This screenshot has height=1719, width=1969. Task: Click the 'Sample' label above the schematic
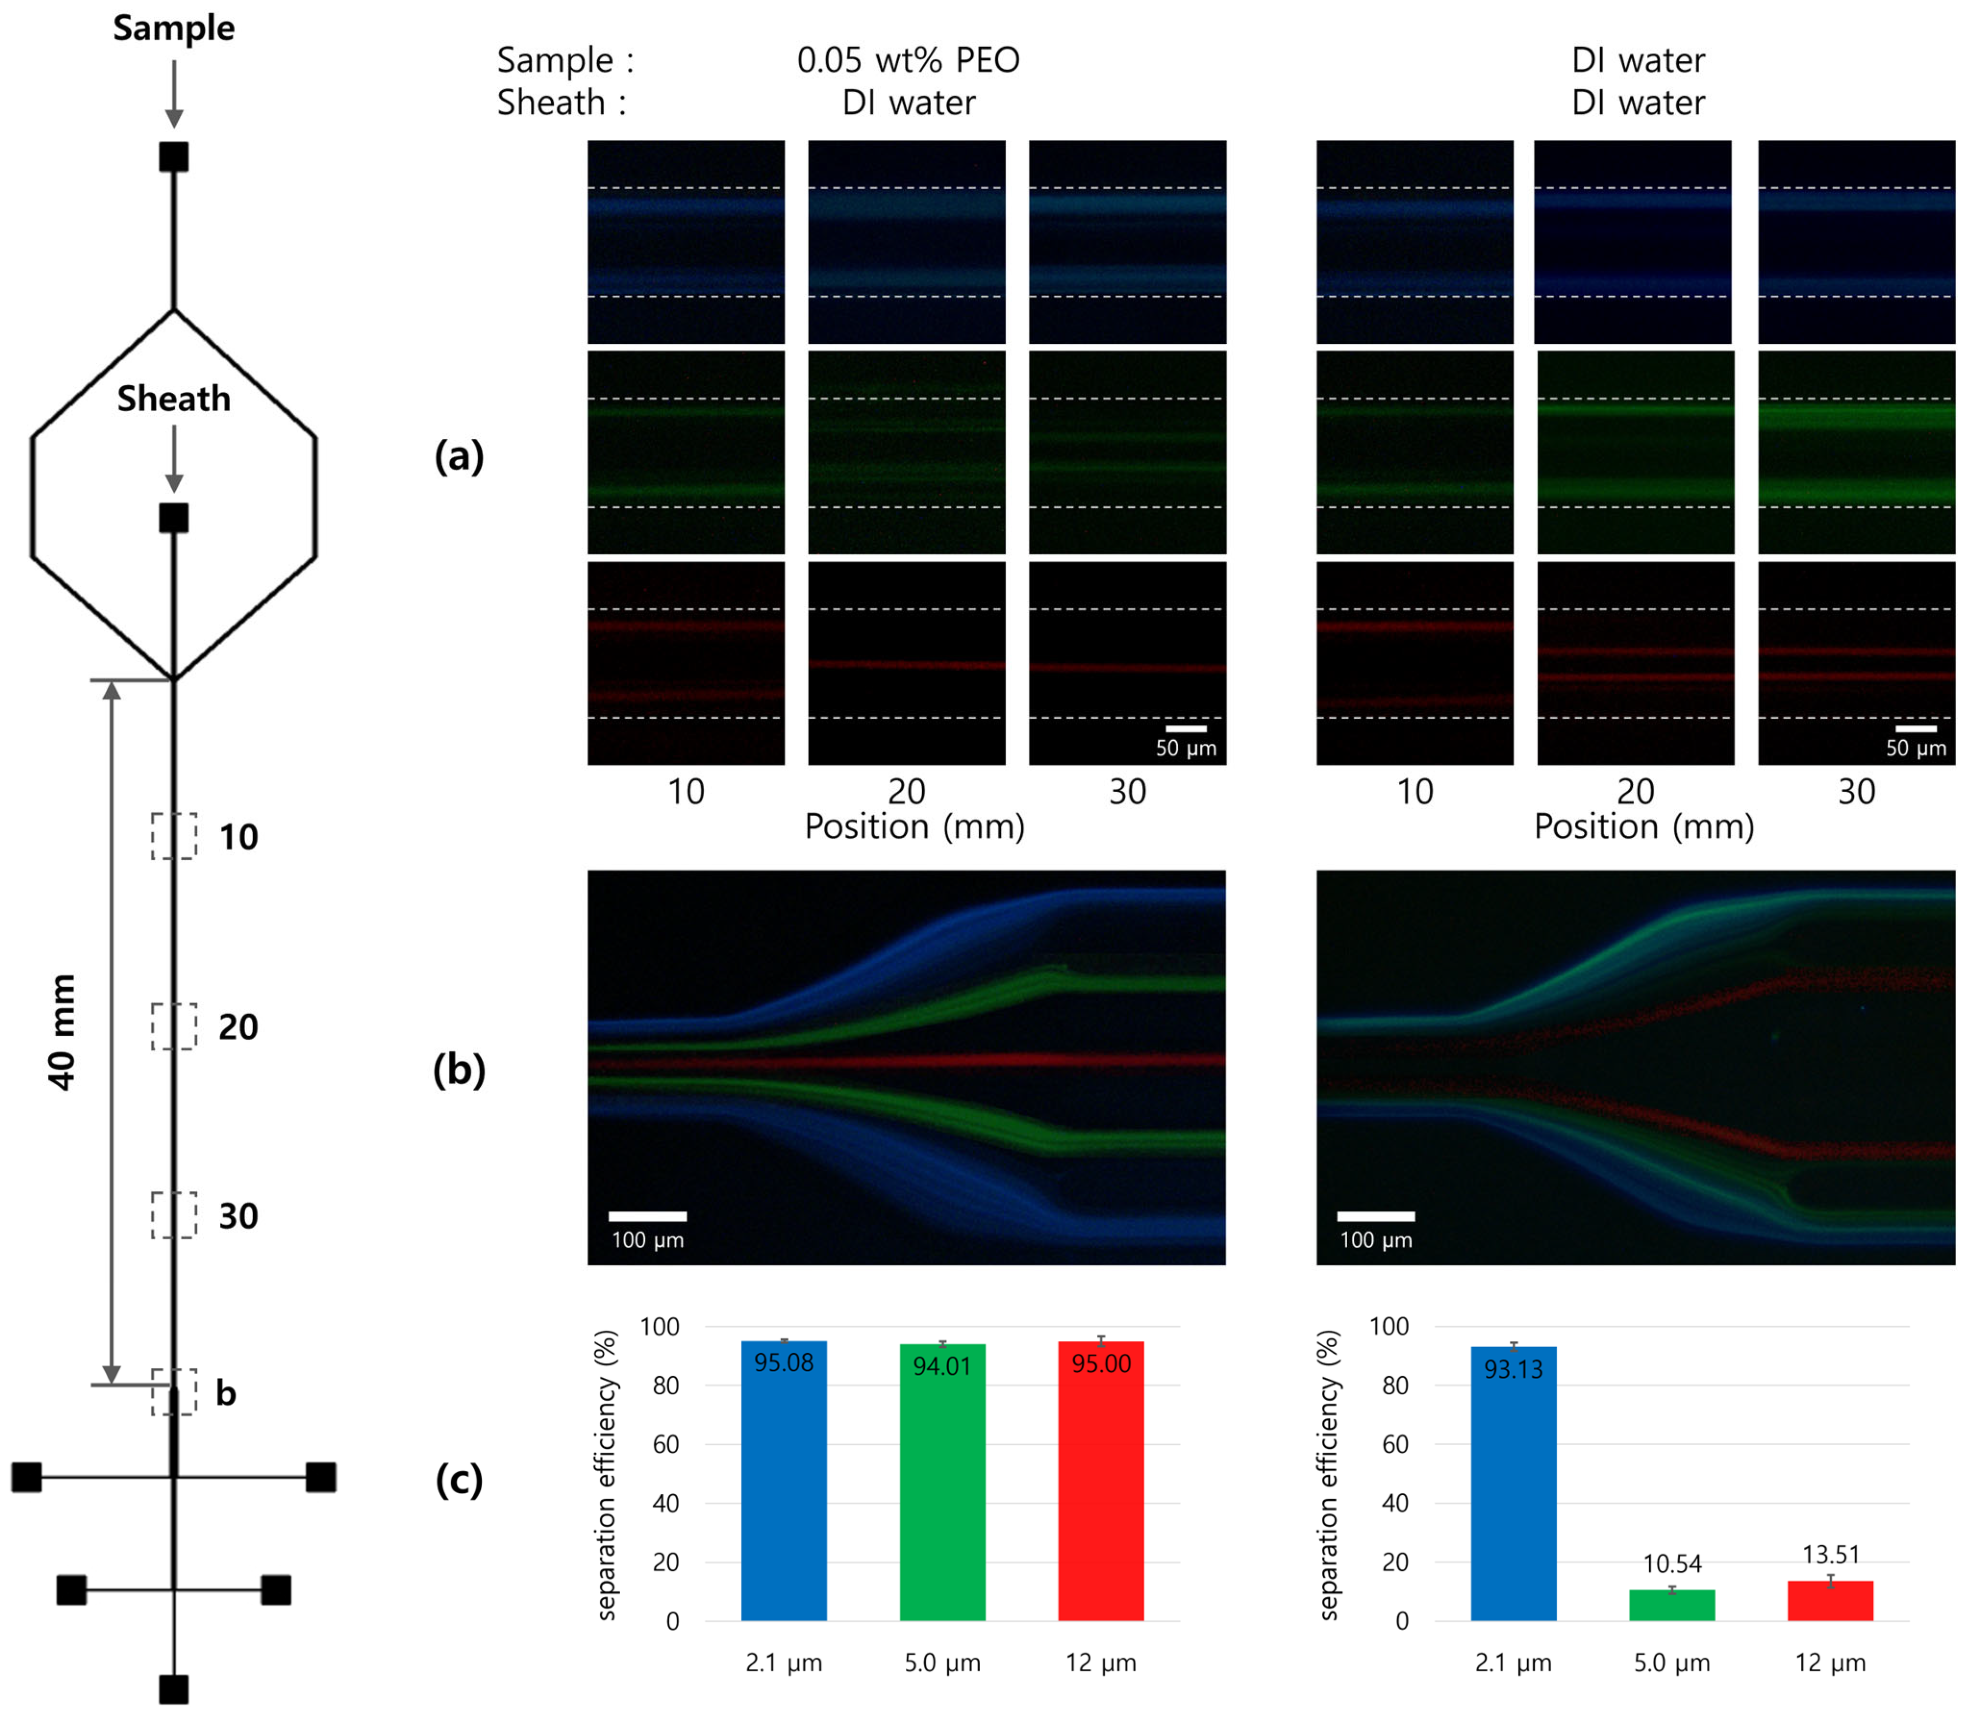point(174,28)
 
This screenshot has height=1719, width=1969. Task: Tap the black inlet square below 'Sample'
point(174,156)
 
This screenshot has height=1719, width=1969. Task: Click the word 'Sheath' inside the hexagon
point(174,398)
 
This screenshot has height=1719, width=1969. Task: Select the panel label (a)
point(459,456)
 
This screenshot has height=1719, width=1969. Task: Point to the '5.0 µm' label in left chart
point(942,1662)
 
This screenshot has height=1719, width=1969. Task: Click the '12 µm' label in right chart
point(1831,1662)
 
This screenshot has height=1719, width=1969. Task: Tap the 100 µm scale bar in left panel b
point(648,1215)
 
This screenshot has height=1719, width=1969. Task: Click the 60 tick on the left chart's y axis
point(666,1444)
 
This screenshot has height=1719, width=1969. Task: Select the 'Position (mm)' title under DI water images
point(1644,826)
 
